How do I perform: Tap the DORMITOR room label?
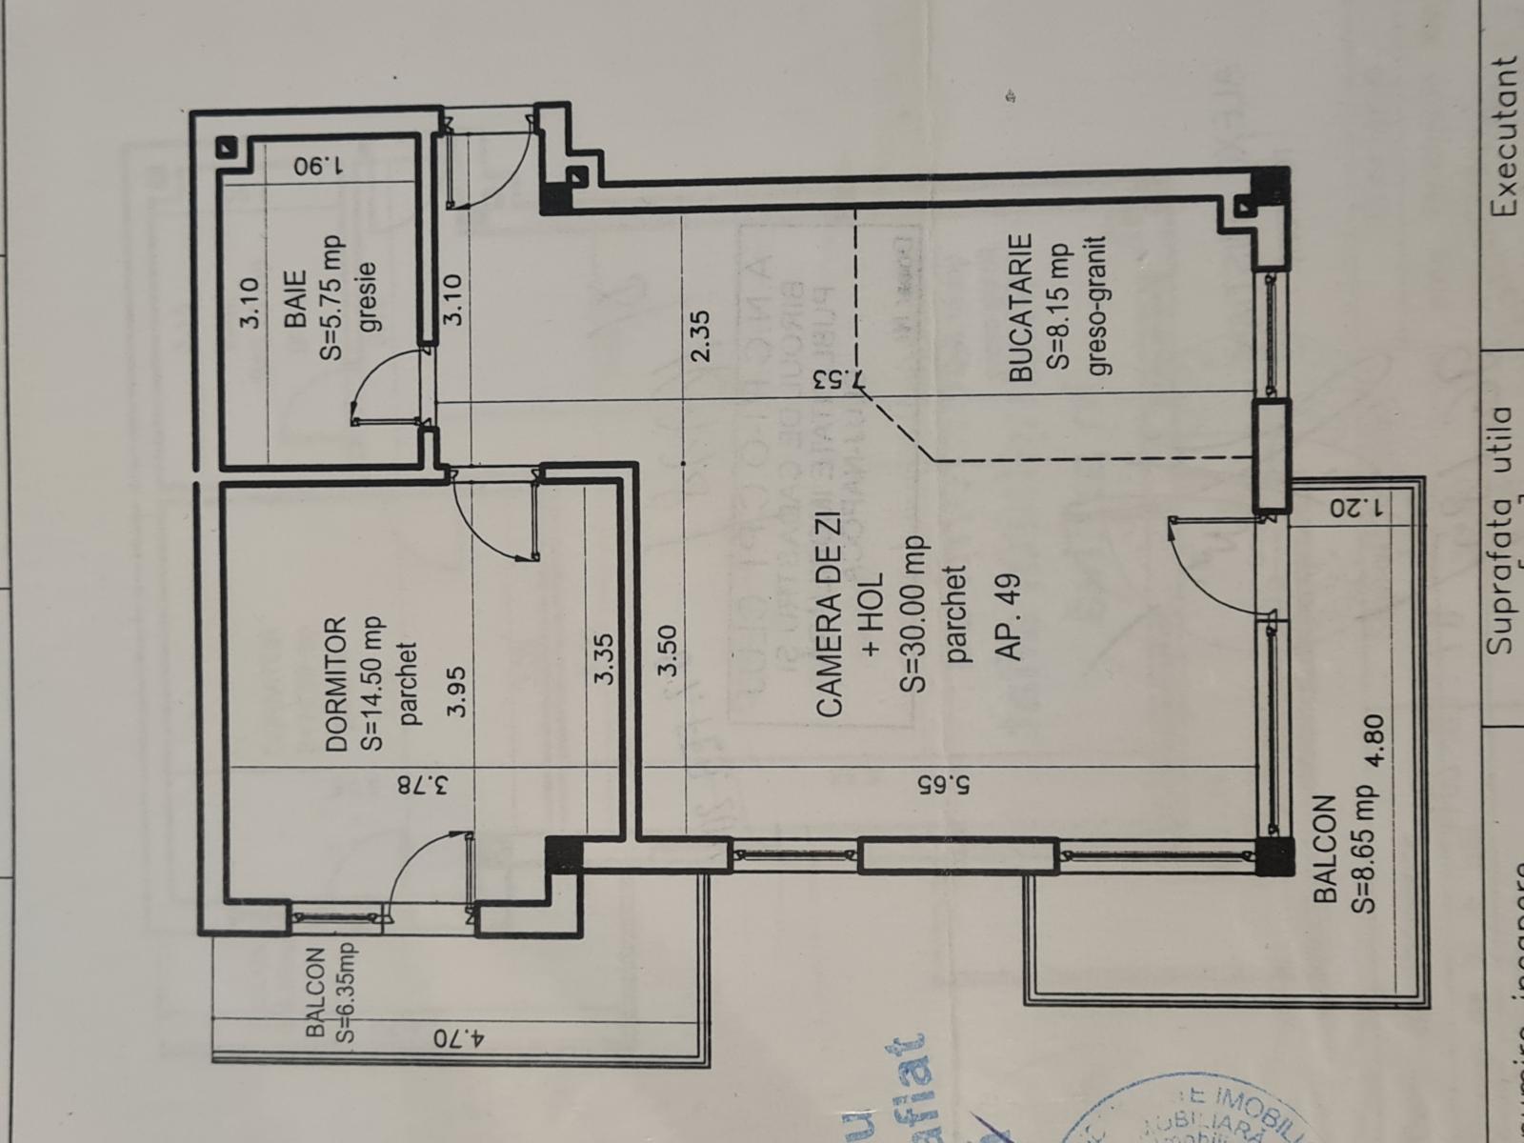click(335, 686)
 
